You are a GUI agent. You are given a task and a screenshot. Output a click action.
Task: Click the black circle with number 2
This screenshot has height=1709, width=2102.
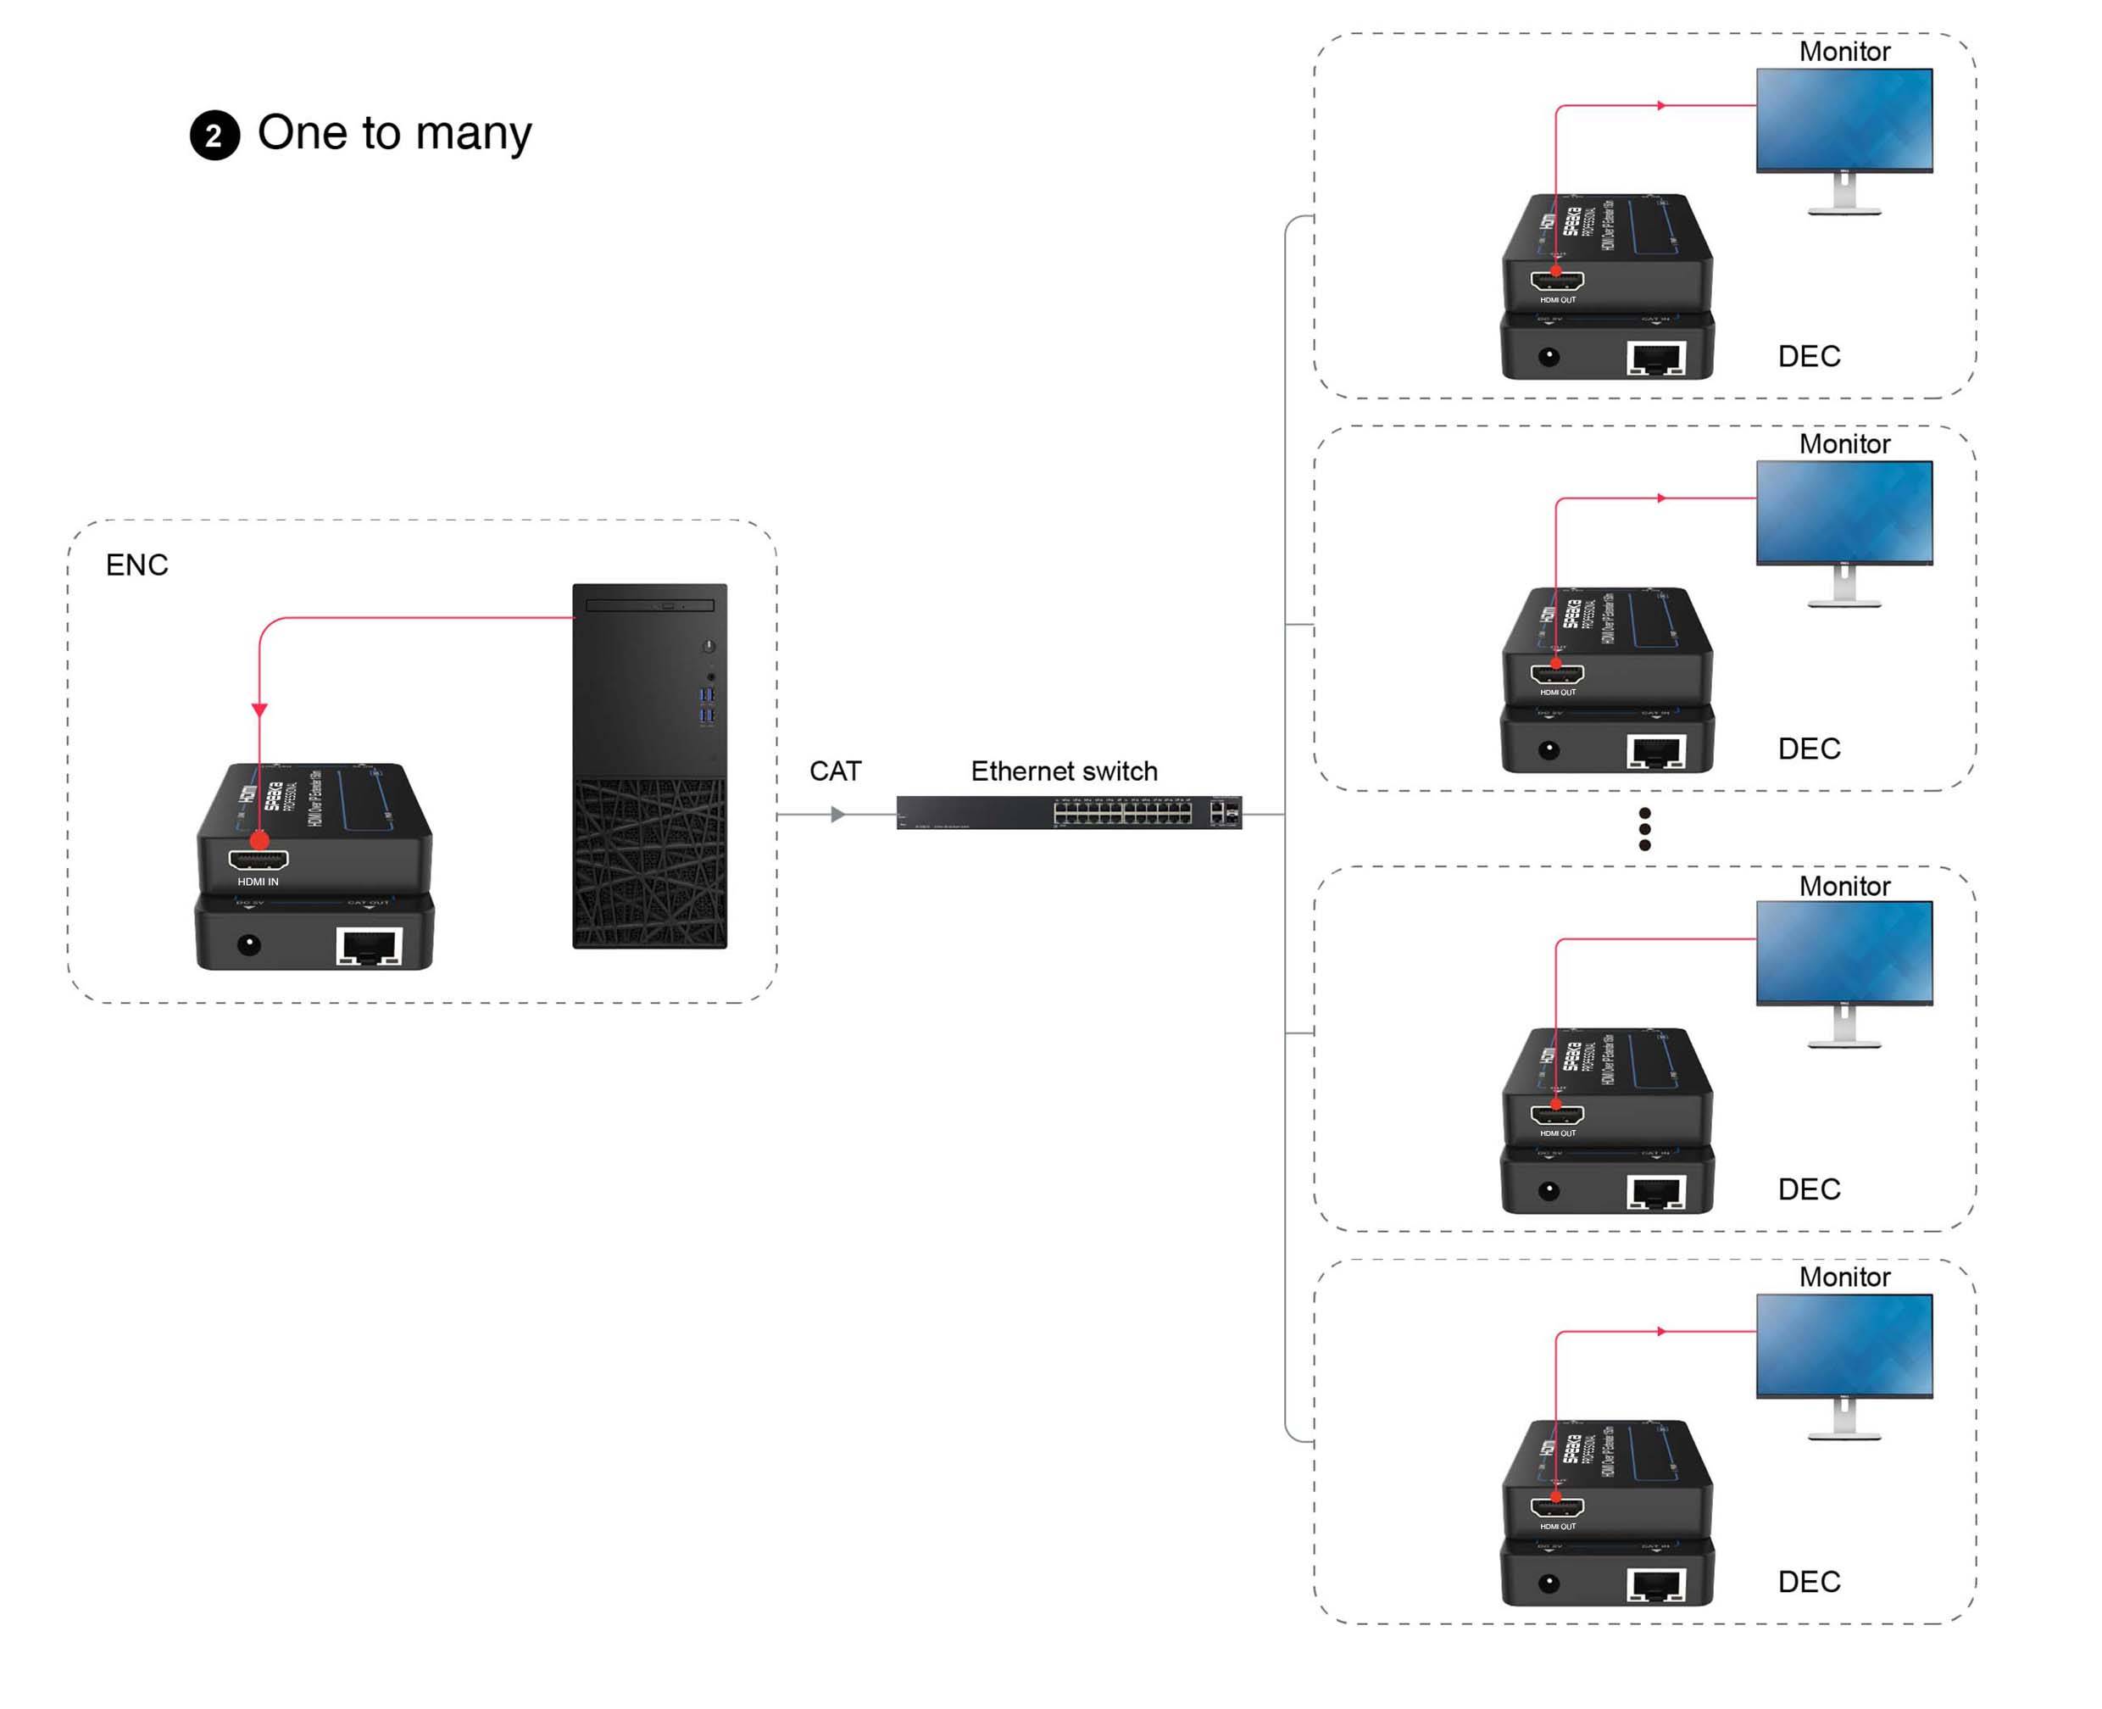(214, 136)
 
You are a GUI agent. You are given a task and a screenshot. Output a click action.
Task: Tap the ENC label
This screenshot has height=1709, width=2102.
(136, 565)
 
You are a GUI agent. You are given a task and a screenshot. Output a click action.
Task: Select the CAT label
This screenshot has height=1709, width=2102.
(835, 771)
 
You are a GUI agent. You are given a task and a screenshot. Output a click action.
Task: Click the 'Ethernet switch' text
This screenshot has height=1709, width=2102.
(1064, 771)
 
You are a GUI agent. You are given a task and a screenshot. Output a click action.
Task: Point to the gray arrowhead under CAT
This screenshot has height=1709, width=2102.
(837, 814)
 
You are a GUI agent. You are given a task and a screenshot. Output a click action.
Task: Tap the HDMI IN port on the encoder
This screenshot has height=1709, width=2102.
(258, 860)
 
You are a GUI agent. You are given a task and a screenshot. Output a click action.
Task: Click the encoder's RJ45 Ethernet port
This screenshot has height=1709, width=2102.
(369, 946)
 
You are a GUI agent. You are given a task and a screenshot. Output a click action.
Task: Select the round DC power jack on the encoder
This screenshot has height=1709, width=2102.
(249, 945)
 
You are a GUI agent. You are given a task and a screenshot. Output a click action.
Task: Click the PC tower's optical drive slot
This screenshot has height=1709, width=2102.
(649, 605)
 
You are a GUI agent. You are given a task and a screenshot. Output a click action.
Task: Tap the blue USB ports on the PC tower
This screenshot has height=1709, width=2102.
(707, 704)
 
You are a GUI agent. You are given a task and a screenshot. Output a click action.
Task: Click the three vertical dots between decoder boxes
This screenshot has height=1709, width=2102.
(1644, 829)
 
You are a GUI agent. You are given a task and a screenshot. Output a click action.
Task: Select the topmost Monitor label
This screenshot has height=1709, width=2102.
(1844, 51)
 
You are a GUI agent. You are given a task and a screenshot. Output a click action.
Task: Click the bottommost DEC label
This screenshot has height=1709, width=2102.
(1809, 1581)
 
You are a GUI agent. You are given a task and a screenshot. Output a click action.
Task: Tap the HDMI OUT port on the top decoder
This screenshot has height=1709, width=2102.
(1557, 281)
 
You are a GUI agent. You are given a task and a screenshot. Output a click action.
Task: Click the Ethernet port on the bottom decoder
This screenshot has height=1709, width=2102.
(1657, 1585)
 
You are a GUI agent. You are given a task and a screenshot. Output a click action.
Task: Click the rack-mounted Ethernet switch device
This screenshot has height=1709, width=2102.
(1068, 813)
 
